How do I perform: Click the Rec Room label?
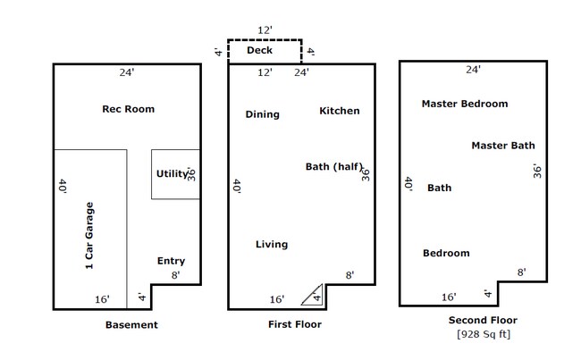click(x=129, y=109)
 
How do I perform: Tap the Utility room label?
click(x=171, y=173)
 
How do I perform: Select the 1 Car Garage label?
click(x=89, y=236)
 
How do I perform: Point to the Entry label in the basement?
click(x=171, y=261)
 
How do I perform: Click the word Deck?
click(x=259, y=51)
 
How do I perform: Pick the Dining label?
click(x=262, y=114)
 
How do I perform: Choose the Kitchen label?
click(x=340, y=111)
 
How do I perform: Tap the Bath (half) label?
click(x=333, y=166)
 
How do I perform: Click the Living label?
click(x=272, y=244)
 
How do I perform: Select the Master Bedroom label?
click(x=465, y=104)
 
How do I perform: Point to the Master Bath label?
click(x=502, y=145)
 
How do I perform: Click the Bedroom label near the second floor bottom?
click(x=446, y=253)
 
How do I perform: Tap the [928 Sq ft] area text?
click(x=483, y=335)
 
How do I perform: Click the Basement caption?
click(x=131, y=325)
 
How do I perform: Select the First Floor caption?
click(x=295, y=325)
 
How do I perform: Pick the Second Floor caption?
click(x=483, y=320)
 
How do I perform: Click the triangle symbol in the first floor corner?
click(x=314, y=294)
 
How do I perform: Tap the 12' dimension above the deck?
click(x=264, y=29)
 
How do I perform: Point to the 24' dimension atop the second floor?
click(x=473, y=69)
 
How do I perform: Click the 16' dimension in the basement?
click(x=103, y=298)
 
